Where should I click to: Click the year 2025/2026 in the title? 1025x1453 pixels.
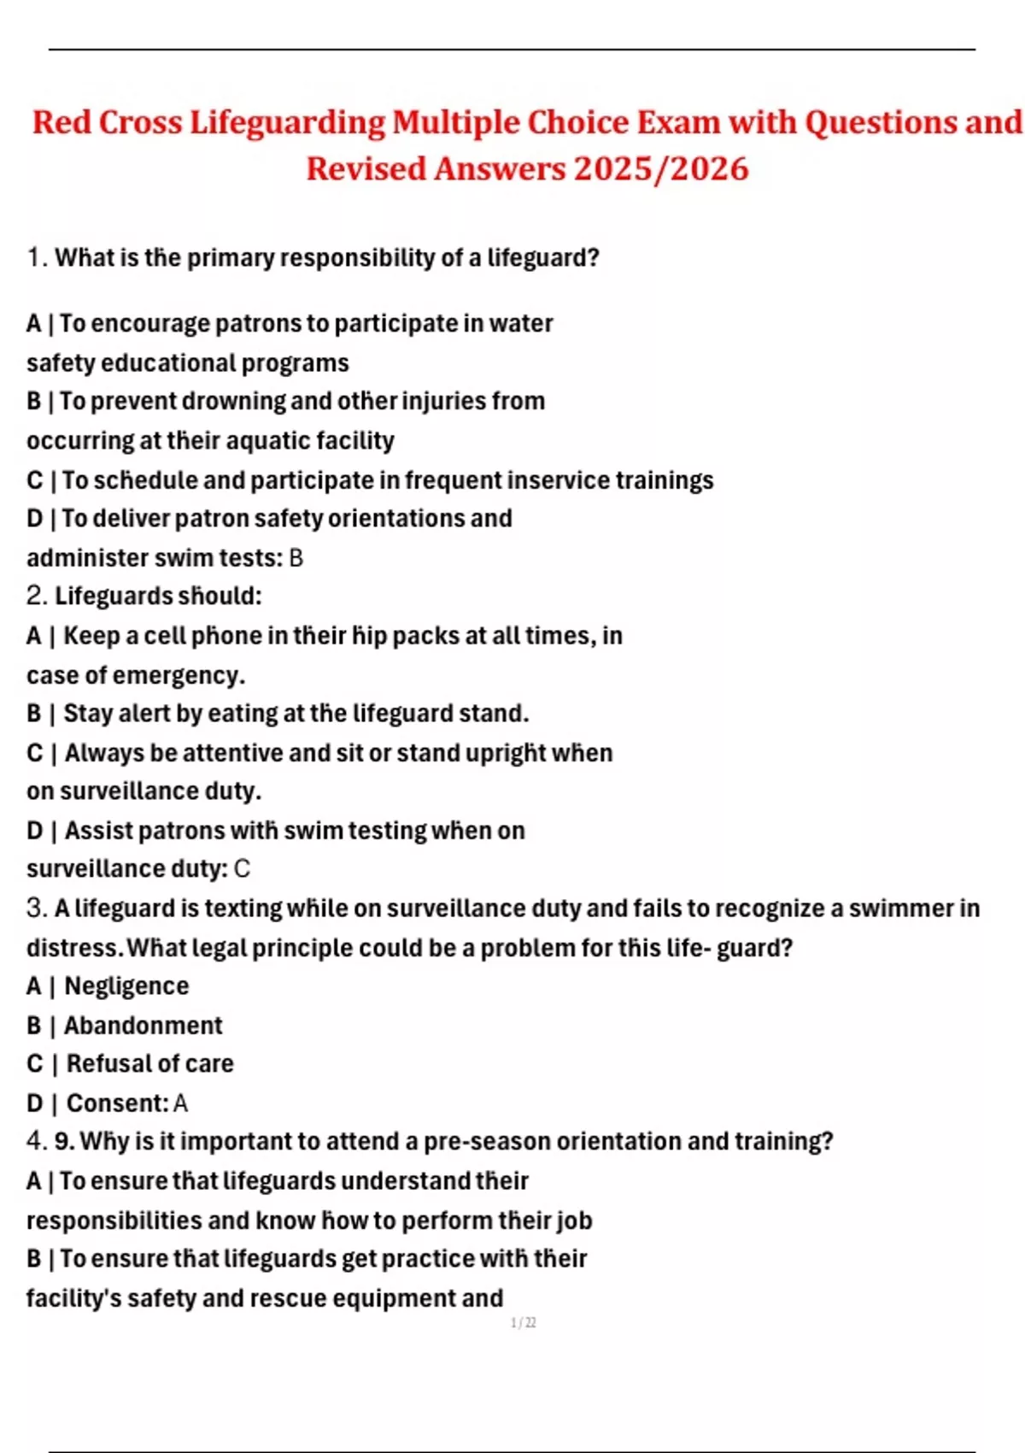(660, 168)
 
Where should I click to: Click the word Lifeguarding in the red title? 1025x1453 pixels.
(288, 122)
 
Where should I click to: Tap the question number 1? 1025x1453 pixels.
(34, 257)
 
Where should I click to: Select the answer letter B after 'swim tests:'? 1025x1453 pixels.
(296, 558)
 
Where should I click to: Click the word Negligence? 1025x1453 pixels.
(126, 986)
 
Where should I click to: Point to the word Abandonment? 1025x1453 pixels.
(143, 1025)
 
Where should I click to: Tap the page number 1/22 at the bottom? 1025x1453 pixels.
(523, 1323)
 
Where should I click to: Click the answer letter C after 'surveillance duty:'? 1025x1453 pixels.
(242, 869)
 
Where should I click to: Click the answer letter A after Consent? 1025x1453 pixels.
(180, 1103)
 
